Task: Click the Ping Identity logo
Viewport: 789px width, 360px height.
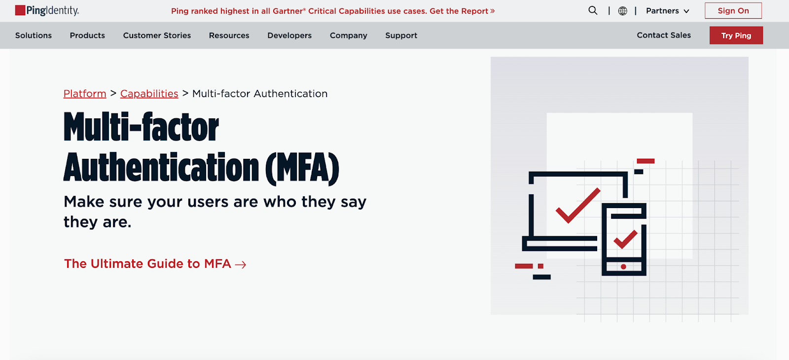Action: pos(47,10)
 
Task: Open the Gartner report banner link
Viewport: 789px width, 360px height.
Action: pos(333,11)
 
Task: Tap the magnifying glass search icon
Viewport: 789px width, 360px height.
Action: pos(593,10)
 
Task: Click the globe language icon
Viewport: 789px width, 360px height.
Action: pos(622,11)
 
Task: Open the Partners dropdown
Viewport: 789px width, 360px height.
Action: pos(668,11)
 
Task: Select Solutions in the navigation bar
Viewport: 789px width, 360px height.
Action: pos(34,35)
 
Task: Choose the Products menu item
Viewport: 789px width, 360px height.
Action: pos(87,35)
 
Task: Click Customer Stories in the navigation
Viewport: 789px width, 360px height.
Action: pos(157,35)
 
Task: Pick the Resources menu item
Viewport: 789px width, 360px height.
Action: pos(229,35)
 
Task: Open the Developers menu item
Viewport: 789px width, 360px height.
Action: pos(289,35)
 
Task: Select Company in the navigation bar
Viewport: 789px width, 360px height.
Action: pos(348,35)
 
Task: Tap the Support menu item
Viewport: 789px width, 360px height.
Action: pos(401,35)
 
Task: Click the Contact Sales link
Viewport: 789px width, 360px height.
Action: pos(664,35)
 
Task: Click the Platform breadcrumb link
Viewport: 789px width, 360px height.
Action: pos(85,93)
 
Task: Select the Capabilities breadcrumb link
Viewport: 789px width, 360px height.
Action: pos(149,93)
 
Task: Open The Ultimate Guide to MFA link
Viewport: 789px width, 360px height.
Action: pos(155,263)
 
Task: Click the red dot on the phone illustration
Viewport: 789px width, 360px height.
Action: pos(623,267)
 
